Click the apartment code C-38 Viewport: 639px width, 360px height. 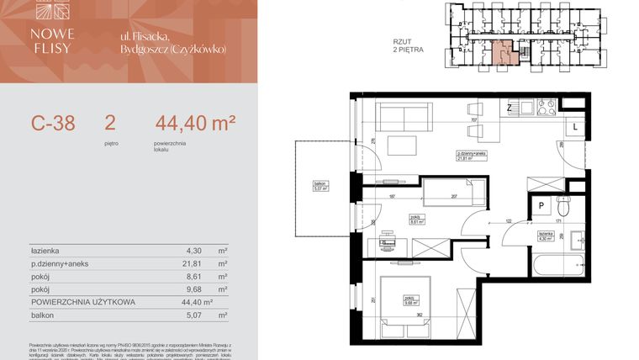click(53, 124)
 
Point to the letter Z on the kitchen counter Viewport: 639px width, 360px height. click(510, 108)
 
